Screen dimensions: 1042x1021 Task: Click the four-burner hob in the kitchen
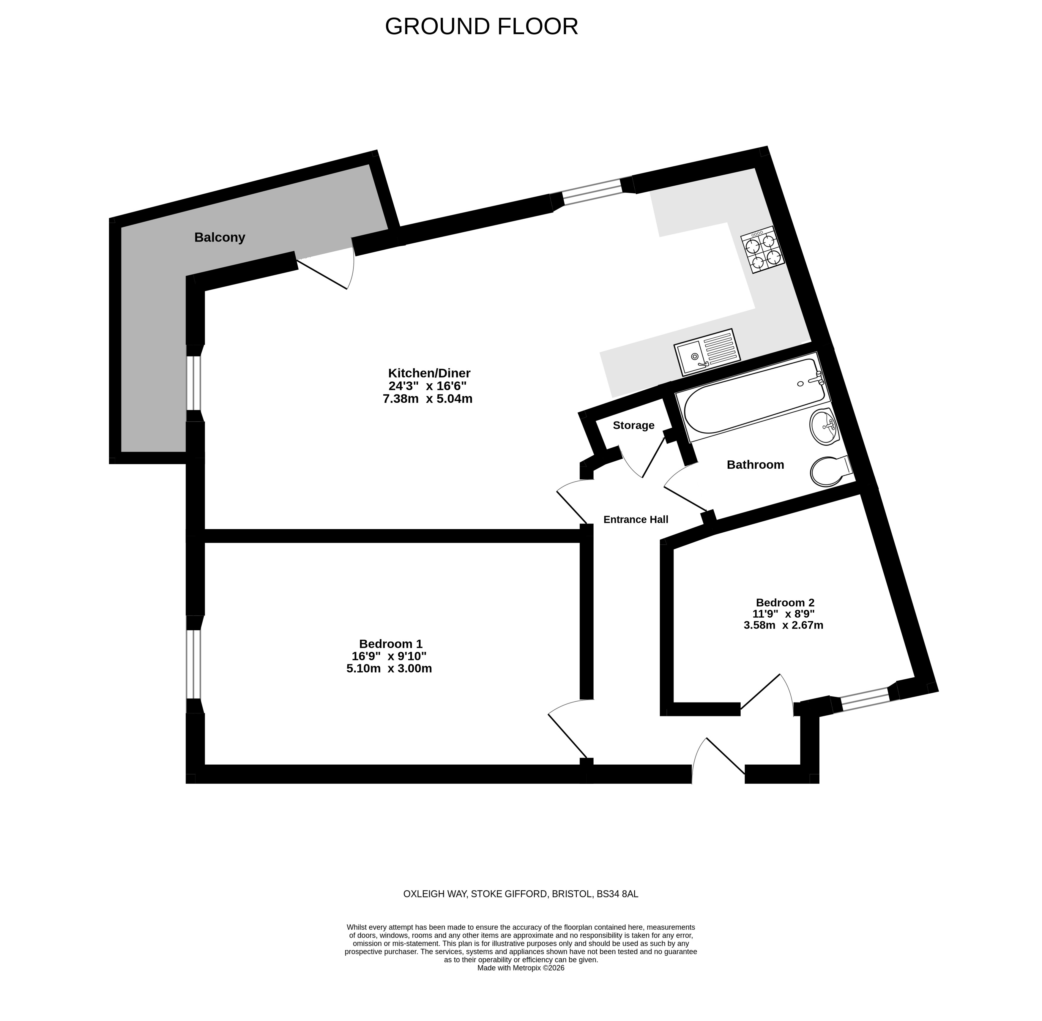tap(763, 250)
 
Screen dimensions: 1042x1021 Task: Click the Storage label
tap(633, 425)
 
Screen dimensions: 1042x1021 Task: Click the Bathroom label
tap(755, 464)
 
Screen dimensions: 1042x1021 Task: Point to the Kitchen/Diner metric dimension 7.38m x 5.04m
tap(428, 398)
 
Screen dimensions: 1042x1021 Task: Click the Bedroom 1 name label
tap(390, 643)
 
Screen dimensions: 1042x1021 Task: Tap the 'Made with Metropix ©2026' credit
tap(521, 968)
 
